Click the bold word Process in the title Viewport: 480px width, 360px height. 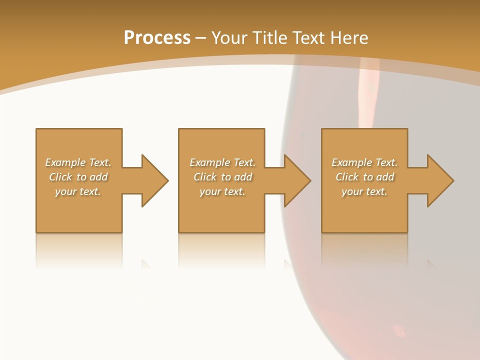click(157, 38)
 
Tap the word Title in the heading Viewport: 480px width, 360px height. click(270, 38)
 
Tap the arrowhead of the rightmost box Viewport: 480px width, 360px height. click(439, 180)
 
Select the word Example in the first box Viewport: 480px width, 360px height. click(65, 162)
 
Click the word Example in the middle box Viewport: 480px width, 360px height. click(209, 162)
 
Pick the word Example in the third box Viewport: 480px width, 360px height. click(351, 162)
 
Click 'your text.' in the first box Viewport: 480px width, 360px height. click(78, 191)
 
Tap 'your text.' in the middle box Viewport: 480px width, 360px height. click(222, 191)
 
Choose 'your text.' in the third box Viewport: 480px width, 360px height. click(364, 191)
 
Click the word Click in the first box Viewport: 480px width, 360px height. click(60, 177)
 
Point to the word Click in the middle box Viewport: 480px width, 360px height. click(205, 177)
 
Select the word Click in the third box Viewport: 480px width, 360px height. click(347, 177)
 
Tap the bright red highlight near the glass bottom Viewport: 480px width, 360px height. click(399, 330)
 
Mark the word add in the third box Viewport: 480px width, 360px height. click(385, 177)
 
